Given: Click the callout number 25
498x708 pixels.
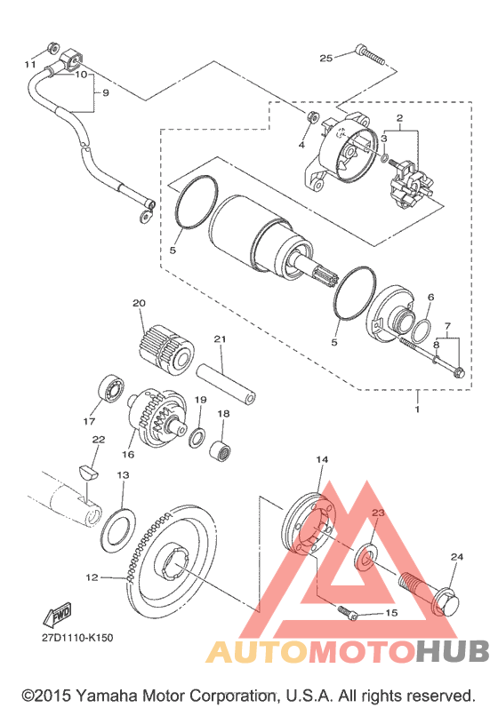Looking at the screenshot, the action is tap(325, 58).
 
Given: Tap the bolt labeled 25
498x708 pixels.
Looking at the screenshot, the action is tap(370, 54).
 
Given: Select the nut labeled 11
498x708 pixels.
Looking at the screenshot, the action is tap(52, 47).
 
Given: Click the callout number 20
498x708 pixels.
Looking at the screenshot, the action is tap(140, 303).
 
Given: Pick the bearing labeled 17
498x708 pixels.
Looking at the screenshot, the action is tap(109, 388).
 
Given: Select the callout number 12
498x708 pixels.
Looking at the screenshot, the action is tap(92, 577).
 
